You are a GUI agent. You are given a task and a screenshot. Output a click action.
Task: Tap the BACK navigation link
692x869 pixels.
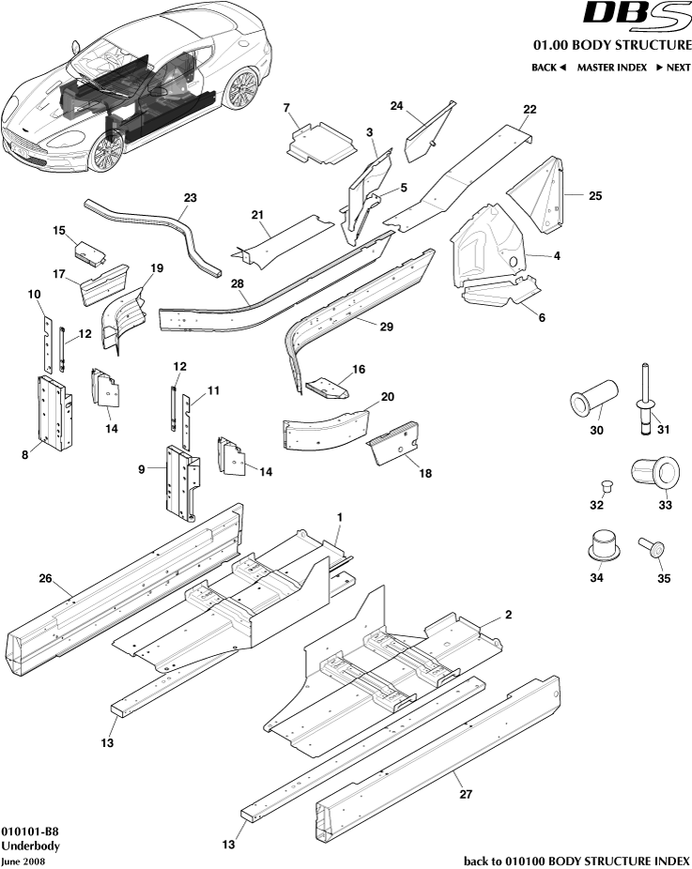[549, 68]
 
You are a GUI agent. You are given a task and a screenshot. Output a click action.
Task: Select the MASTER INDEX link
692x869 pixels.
[611, 68]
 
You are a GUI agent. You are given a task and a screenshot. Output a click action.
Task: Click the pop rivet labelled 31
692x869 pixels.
[647, 398]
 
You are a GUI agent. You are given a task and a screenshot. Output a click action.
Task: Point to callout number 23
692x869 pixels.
[191, 198]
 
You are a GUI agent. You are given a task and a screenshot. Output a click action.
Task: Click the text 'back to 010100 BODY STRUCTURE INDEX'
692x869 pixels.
[577, 861]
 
